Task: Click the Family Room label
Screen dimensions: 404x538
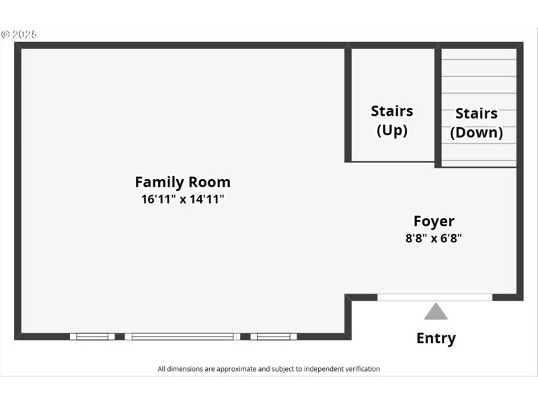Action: tap(182, 182)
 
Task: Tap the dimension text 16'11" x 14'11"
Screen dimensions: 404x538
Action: tap(182, 199)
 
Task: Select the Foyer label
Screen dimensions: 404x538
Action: tap(434, 221)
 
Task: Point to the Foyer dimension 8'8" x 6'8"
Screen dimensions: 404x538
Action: tap(434, 238)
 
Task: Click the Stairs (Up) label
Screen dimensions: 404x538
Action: tap(392, 121)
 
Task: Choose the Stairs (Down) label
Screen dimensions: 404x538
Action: tap(476, 123)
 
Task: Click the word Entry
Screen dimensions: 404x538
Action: tap(436, 338)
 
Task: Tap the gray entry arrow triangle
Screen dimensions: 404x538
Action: tap(436, 312)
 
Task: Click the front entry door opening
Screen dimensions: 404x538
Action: tap(434, 297)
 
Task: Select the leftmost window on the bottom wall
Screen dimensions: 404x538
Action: tap(92, 336)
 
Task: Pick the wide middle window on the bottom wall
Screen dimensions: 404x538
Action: tap(182, 336)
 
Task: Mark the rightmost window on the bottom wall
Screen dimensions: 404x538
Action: tap(273, 336)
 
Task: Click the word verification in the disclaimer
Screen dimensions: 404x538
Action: tap(361, 369)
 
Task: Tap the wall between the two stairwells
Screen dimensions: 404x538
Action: tap(438, 106)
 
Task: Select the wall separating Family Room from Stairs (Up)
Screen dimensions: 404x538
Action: tap(348, 104)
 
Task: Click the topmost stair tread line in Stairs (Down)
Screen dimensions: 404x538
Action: tap(479, 60)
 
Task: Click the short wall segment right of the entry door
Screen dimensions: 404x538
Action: tap(506, 297)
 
